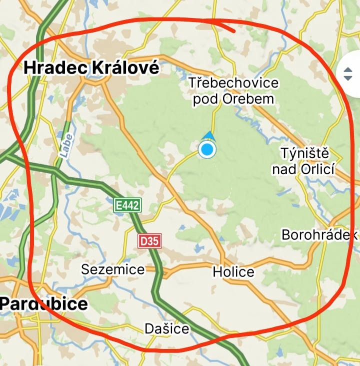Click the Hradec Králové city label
click(x=92, y=68)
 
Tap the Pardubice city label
click(x=44, y=303)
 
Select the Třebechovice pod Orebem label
click(x=233, y=91)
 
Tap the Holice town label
click(x=233, y=272)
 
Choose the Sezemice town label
click(x=113, y=269)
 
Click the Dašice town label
click(x=167, y=328)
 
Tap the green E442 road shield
click(x=128, y=205)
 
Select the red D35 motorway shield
click(x=149, y=241)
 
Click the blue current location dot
click(x=206, y=149)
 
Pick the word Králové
click(x=126, y=68)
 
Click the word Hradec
click(x=57, y=68)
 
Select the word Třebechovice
click(x=233, y=83)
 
